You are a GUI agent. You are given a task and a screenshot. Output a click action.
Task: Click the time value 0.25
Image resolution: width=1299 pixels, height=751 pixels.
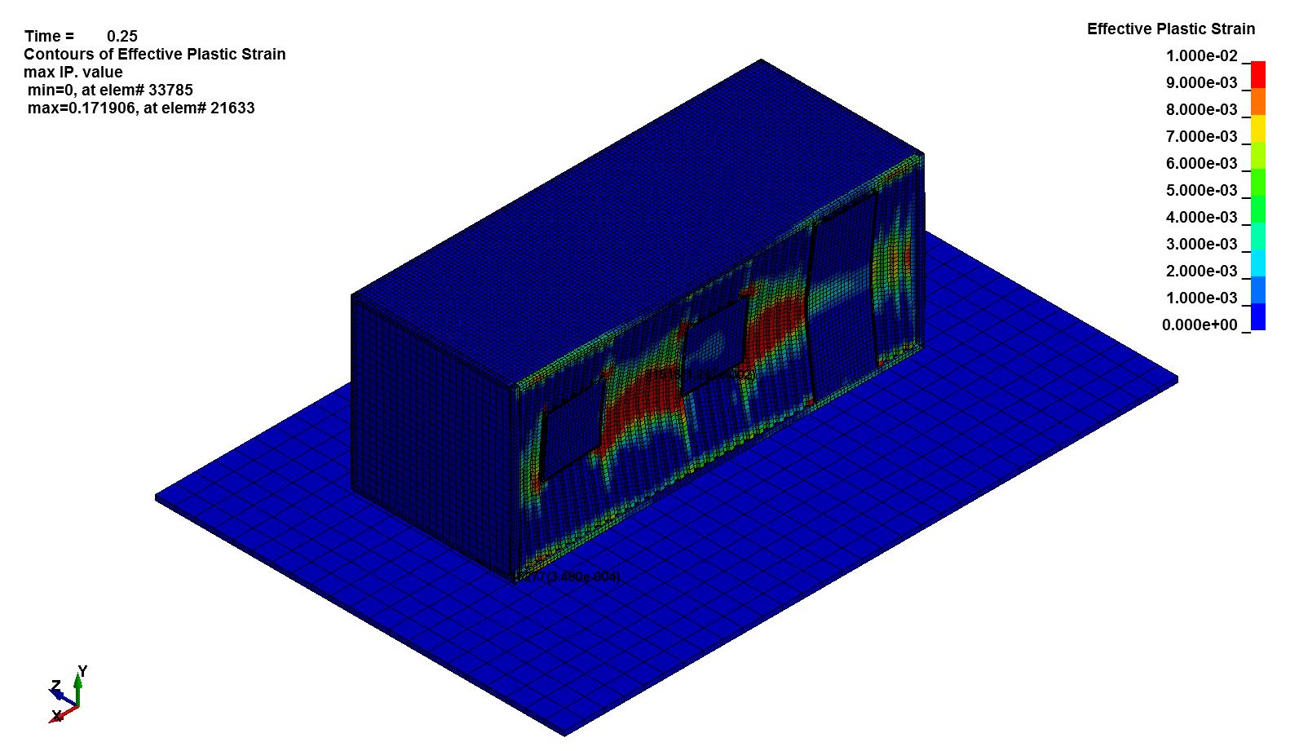point(122,36)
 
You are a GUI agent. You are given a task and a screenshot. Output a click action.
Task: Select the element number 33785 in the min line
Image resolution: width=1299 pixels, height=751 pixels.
point(170,90)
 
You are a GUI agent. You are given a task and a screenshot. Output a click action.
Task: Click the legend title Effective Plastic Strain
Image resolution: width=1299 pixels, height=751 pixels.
point(1170,29)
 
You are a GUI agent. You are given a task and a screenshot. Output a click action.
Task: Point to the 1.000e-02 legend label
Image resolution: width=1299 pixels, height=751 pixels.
point(1201,56)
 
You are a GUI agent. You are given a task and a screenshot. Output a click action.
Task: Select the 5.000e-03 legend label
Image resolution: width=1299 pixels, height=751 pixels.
point(1201,191)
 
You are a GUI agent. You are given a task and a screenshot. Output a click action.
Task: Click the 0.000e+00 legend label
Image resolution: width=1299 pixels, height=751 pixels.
point(1200,325)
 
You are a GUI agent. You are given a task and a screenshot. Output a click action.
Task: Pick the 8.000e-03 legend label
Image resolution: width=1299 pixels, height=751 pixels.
point(1201,110)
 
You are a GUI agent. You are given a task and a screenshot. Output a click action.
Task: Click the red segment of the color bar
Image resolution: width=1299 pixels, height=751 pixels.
point(1258,74)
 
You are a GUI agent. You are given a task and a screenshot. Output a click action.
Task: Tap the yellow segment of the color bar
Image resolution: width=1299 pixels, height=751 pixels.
point(1258,128)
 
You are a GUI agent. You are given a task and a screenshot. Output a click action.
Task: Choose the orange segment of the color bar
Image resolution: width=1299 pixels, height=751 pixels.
point(1258,101)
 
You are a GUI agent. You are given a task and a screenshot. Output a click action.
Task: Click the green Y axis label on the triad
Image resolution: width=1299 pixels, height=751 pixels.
point(82,671)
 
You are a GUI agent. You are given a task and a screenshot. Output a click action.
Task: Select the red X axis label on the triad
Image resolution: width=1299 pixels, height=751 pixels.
point(56,716)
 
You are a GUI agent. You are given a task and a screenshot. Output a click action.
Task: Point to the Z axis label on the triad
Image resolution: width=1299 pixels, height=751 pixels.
point(55,686)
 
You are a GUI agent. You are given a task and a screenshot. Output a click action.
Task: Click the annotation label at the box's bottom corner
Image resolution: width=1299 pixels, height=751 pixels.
point(568,577)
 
